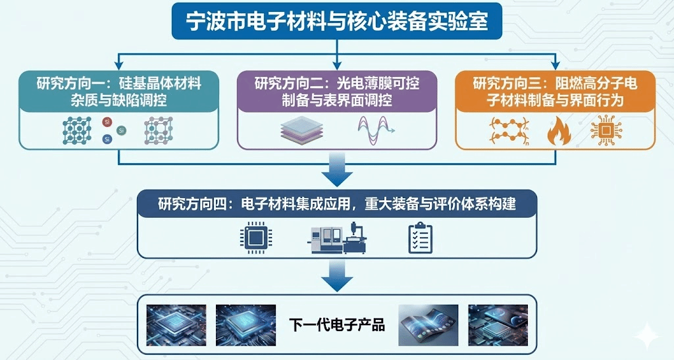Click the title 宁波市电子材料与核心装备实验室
[x=337, y=22]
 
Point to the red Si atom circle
[x=107, y=122]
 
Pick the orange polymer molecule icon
[x=508, y=130]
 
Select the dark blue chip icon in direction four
[x=255, y=238]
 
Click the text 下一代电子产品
[x=336, y=324]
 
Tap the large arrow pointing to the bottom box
[x=337, y=275]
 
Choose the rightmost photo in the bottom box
[x=498, y=325]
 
